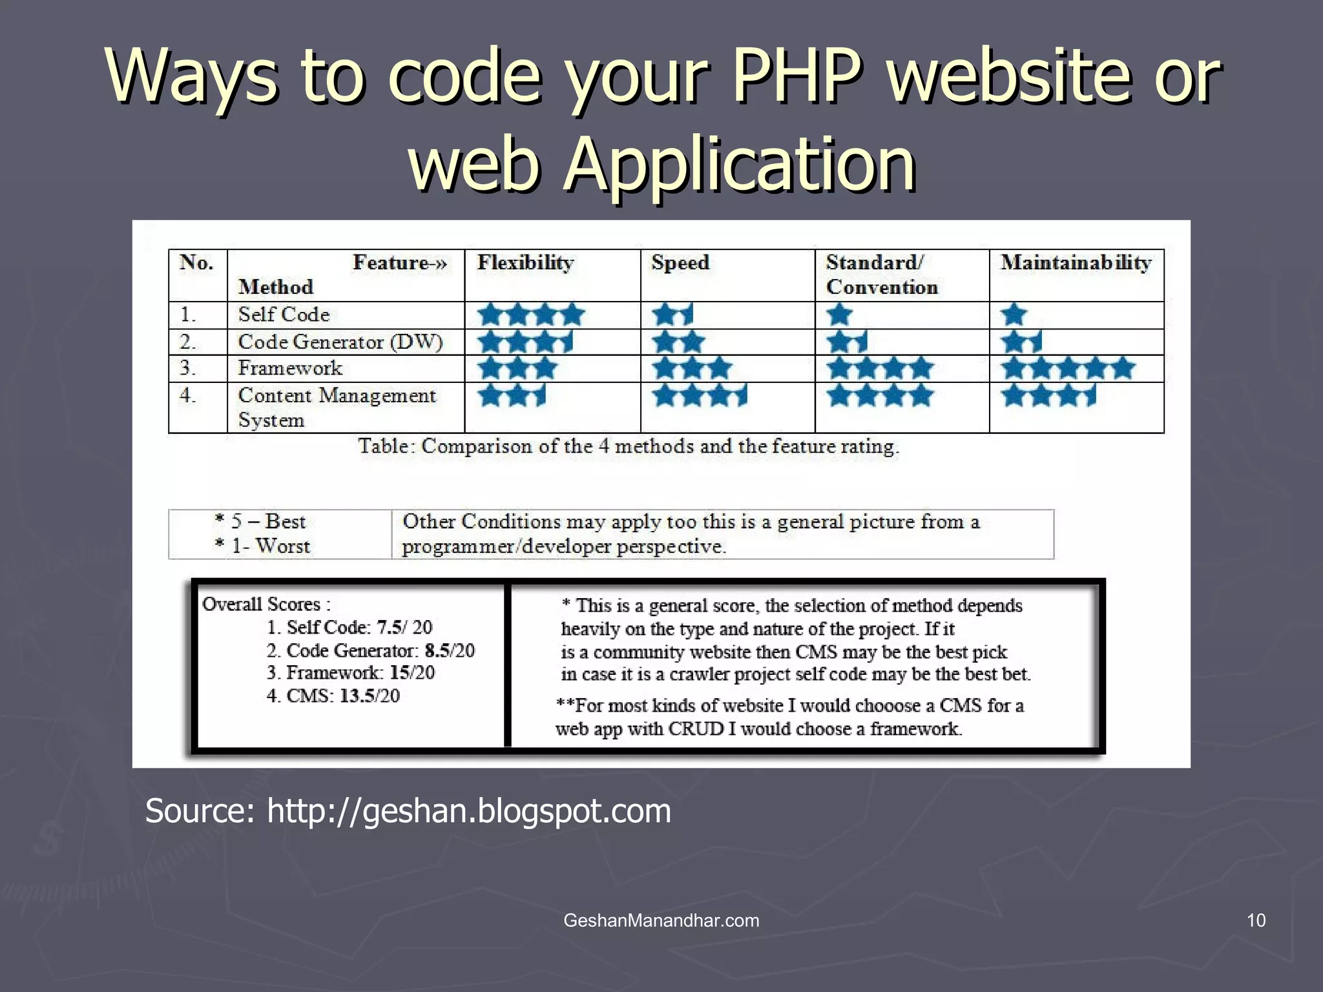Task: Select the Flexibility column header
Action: (525, 263)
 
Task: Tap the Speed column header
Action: (680, 263)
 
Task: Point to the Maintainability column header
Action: (1076, 263)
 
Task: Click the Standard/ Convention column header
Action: (882, 274)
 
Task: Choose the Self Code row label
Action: (284, 315)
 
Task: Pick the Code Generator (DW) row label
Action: (340, 342)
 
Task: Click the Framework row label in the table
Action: (290, 368)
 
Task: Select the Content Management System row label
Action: (337, 407)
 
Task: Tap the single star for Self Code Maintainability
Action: (1014, 315)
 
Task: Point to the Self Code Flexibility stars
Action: (532, 315)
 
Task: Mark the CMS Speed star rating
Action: (700, 395)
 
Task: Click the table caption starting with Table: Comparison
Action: (629, 446)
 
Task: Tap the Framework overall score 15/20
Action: (412, 673)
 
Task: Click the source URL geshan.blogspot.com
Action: (469, 811)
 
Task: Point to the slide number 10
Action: (1256, 920)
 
